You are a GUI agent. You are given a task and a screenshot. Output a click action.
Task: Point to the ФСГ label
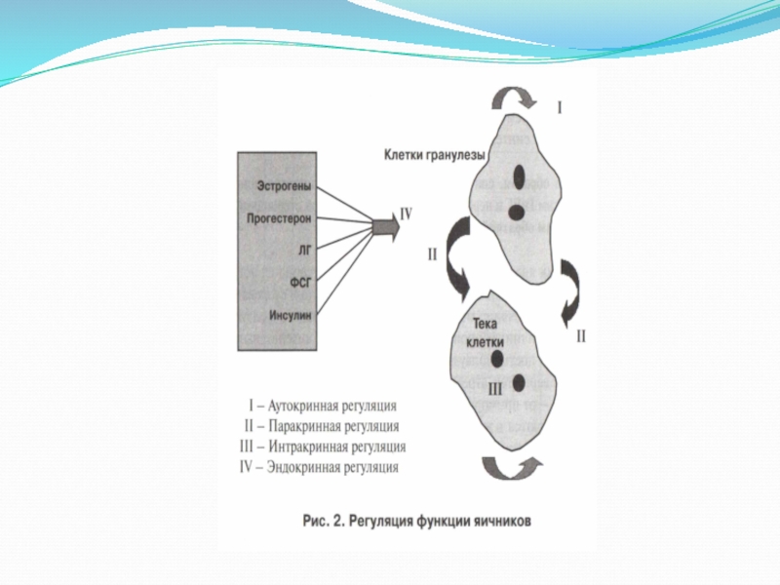tap(300, 282)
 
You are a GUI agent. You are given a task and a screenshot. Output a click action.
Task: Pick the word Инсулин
tap(290, 314)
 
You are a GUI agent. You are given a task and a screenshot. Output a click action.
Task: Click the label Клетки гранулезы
tap(434, 154)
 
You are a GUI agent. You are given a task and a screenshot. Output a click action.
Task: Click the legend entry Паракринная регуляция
tap(322, 426)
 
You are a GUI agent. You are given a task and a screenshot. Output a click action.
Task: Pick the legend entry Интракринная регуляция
tap(322, 447)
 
